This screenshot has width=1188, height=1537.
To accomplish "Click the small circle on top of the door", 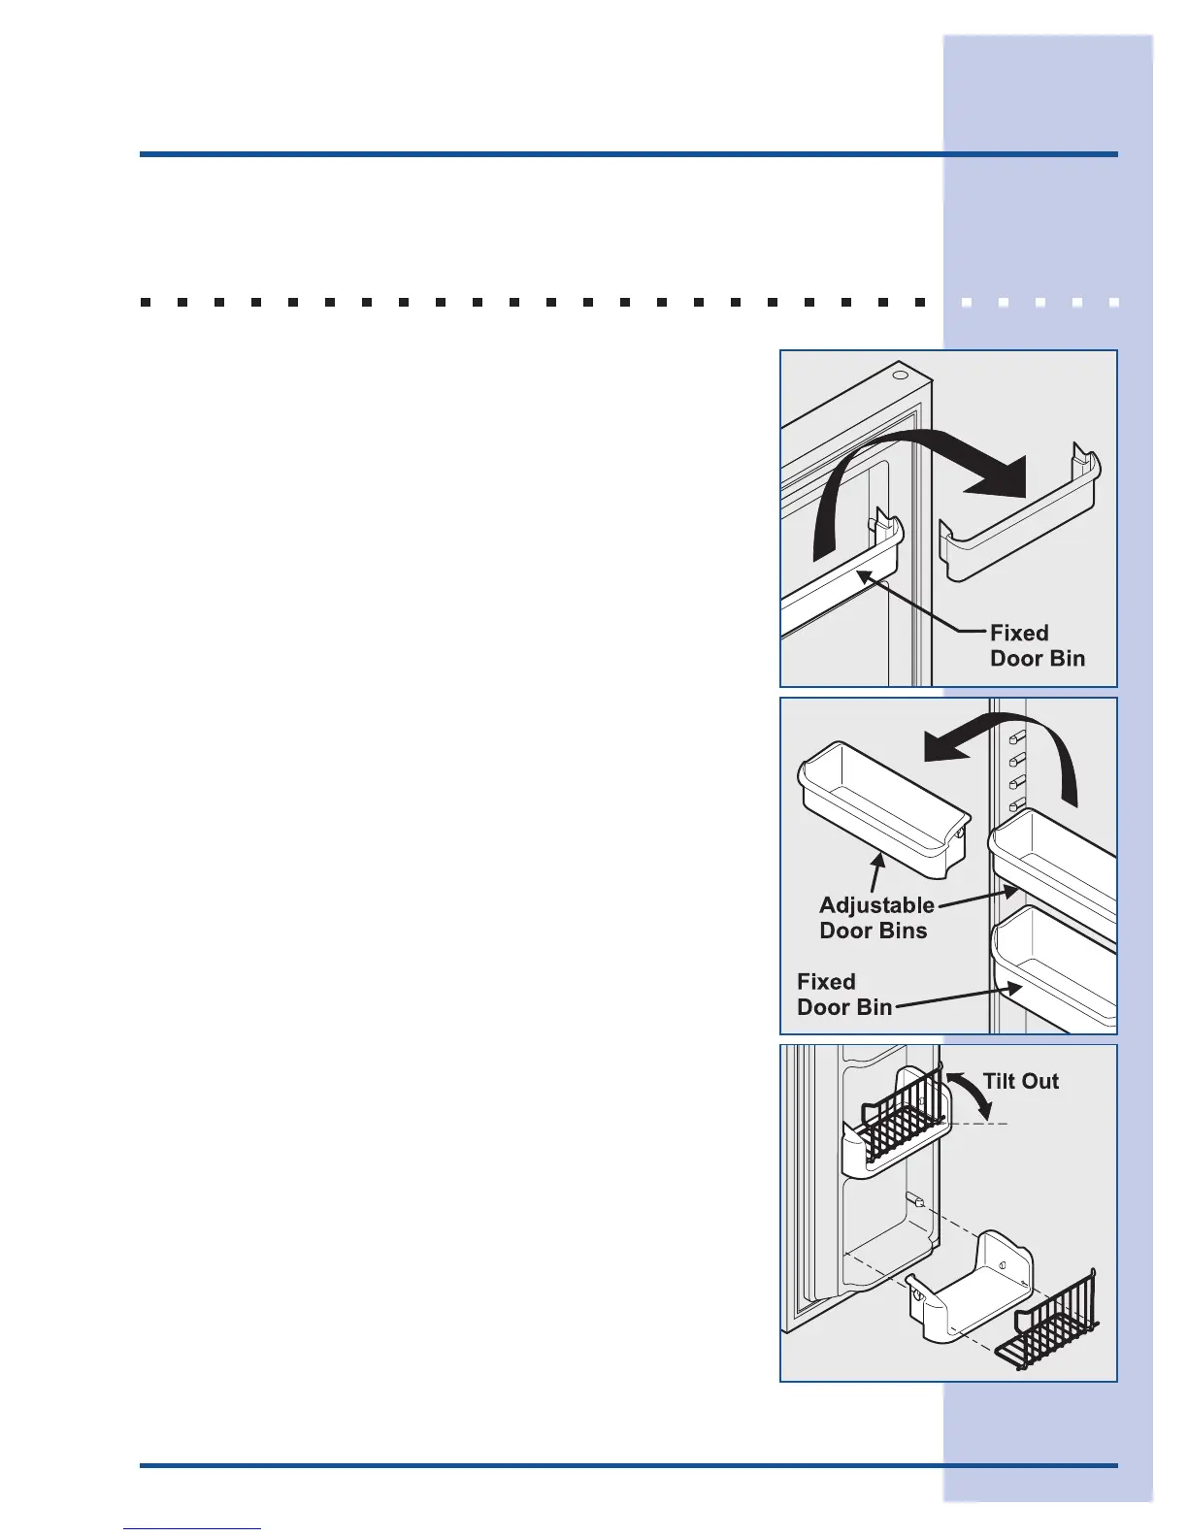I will point(900,375).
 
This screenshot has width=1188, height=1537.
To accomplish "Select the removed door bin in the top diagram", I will point(1019,529).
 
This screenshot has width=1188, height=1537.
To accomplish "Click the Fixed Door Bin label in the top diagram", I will point(1037,645).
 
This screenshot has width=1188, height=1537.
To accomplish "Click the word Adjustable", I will point(876,905).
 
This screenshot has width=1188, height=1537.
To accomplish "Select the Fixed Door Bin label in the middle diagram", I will point(843,995).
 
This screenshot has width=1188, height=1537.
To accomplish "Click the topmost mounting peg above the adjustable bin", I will point(1018,738).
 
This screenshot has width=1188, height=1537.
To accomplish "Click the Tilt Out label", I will point(1020,1081).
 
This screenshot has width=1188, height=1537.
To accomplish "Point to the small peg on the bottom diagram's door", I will point(913,1201).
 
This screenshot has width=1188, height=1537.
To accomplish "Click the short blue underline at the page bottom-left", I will point(192,1529).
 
